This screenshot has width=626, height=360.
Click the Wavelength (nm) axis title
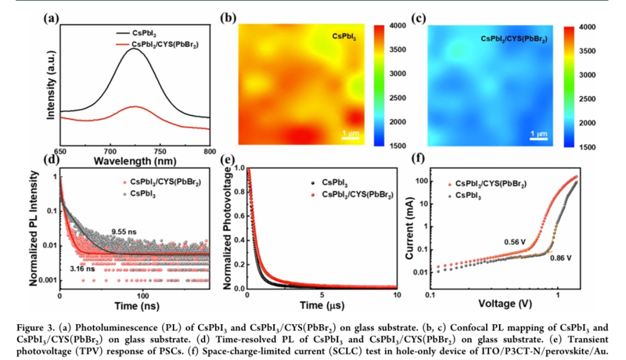pos(133,160)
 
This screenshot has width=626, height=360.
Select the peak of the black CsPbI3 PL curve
pos(135,49)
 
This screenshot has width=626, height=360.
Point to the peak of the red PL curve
pos(135,106)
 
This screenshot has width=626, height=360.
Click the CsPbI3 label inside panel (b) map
pos(346,36)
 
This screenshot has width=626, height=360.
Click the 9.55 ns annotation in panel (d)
pos(124,232)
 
